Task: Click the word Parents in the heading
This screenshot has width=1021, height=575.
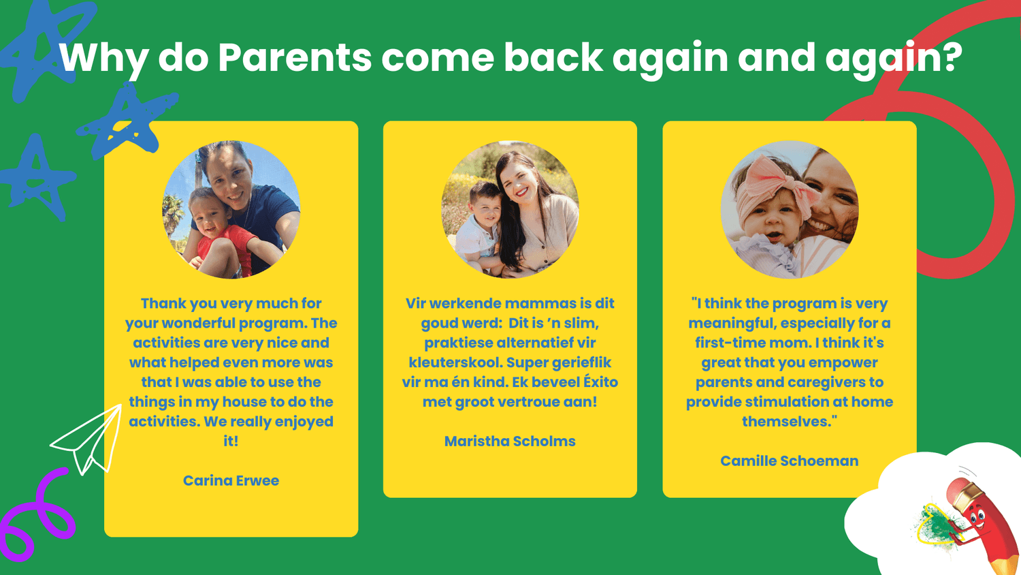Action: pos(295,57)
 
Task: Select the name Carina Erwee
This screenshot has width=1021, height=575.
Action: pos(231,480)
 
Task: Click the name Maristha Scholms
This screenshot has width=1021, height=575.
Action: pos(510,441)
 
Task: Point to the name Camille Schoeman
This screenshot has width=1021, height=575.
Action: pos(789,461)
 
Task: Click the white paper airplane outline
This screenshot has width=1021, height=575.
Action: pos(89,440)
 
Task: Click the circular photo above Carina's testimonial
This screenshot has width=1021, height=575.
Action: pos(231,209)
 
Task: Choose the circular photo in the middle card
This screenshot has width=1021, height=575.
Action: pos(510,209)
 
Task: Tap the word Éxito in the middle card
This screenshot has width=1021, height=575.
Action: pos(600,382)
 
